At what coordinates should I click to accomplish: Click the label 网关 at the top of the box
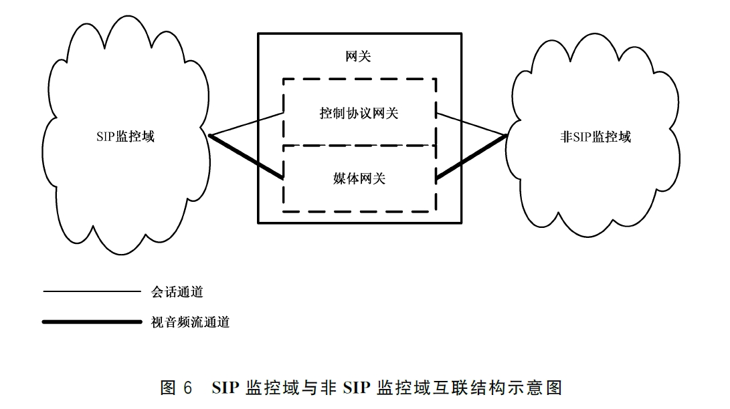[359, 57]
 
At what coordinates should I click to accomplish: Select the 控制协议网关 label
[359, 114]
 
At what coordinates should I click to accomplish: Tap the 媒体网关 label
[359, 178]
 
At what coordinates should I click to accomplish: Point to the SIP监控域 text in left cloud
[125, 136]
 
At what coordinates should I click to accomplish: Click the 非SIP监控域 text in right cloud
[596, 137]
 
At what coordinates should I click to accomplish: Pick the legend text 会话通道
[177, 292]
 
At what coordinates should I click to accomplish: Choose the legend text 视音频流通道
[190, 322]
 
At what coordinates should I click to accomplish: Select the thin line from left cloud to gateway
[248, 125]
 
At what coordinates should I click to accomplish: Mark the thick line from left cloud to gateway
[248, 158]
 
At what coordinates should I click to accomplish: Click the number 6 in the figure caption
[187, 388]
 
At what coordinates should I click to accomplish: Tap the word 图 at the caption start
[168, 388]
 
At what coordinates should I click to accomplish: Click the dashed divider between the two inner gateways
[359, 146]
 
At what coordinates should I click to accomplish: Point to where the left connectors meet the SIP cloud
[211, 136]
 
